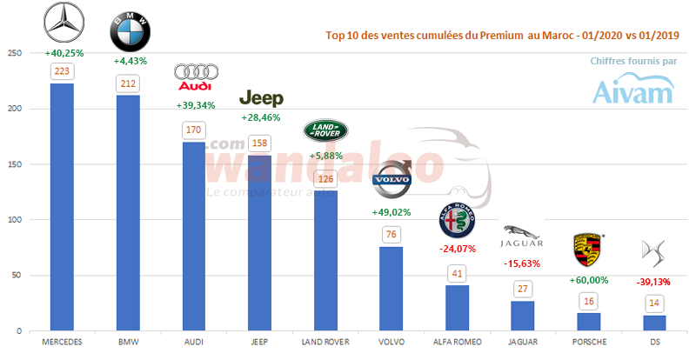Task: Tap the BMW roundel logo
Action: coord(130,33)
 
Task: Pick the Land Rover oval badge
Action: coord(324,131)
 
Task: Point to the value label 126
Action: coord(325,180)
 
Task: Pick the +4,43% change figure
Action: coord(130,61)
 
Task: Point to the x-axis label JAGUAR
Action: coord(523,342)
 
